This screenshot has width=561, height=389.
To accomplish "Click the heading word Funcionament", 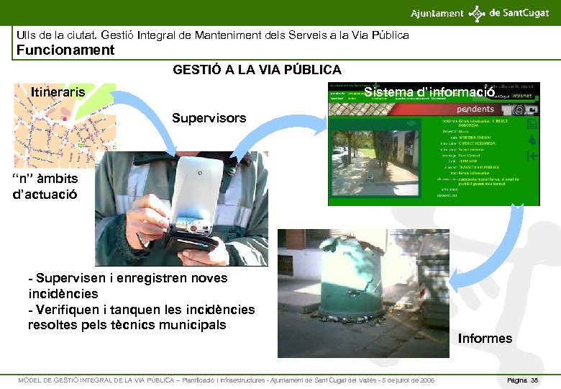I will pos(65,50).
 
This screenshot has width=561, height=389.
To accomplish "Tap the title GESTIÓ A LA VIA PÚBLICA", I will pos(257,70).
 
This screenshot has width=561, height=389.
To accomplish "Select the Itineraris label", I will pos(58,91).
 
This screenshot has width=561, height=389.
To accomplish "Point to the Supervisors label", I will pos(209,117).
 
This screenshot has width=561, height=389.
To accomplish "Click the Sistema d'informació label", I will pos(429,92).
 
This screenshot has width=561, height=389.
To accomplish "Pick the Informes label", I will pos(485,339).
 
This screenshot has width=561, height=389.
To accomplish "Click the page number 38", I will pos(533,380).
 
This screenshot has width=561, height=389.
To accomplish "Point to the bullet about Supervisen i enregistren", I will pos(127,285).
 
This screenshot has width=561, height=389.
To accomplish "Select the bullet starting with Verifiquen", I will pos(141,317).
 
